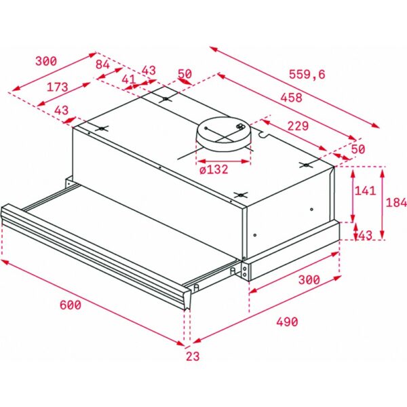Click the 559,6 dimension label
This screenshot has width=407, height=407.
tap(307, 75)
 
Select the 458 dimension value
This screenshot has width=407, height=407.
tap(291, 97)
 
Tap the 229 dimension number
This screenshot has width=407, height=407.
tap(298, 125)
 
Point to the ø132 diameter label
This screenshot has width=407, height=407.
tap(214, 170)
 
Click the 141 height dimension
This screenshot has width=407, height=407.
tap(365, 191)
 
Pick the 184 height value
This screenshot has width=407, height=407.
tap(396, 202)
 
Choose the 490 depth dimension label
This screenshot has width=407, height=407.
tap(287, 322)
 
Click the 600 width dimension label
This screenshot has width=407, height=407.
tap(71, 305)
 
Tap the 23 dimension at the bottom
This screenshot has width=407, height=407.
tap(193, 356)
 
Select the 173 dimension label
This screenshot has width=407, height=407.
tap(57, 87)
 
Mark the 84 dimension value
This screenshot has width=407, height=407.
tap(103, 64)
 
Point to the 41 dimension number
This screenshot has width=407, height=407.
tap(129, 79)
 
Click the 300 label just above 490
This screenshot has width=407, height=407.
tap(309, 279)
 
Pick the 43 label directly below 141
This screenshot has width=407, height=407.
tap(365, 235)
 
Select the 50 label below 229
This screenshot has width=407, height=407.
tap(358, 149)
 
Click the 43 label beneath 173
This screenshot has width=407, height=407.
tap(62, 111)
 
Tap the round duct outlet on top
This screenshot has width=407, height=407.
tap(223, 134)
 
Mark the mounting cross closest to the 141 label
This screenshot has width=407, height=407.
tap(307, 165)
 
